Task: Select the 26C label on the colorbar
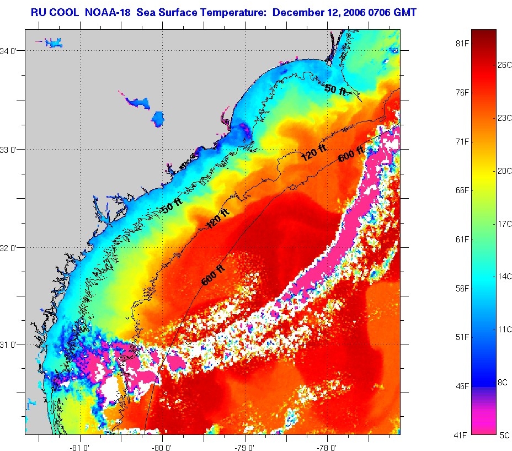click(505, 65)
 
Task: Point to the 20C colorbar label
click(505, 171)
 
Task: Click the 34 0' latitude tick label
click(12, 51)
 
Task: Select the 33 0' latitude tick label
click(12, 150)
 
